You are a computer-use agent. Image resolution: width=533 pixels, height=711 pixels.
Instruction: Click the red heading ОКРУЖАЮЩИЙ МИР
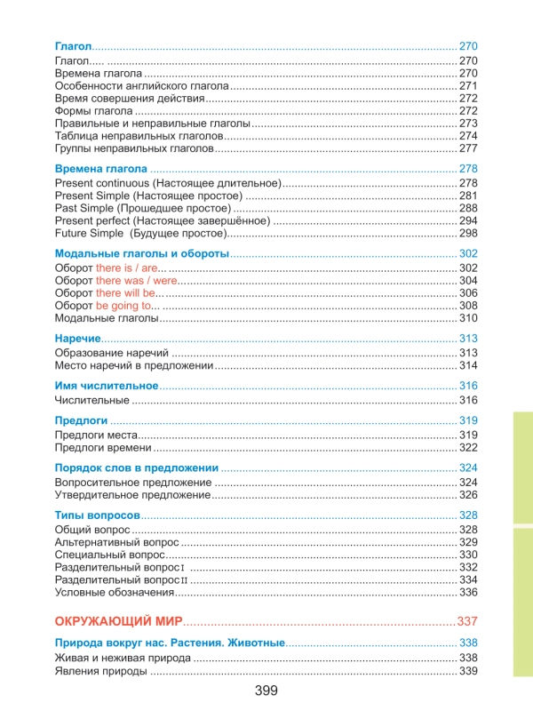tap(118, 619)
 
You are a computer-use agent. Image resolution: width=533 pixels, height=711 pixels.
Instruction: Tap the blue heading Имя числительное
tap(107, 386)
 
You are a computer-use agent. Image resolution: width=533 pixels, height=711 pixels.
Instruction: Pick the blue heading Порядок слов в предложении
tap(137, 467)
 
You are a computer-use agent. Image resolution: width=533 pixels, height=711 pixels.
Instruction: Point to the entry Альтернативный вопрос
tap(116, 541)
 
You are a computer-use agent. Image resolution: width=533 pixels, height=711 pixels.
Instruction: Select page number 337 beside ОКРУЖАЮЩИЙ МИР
tap(467, 619)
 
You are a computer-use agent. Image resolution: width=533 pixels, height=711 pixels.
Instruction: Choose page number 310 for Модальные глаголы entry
tap(469, 317)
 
